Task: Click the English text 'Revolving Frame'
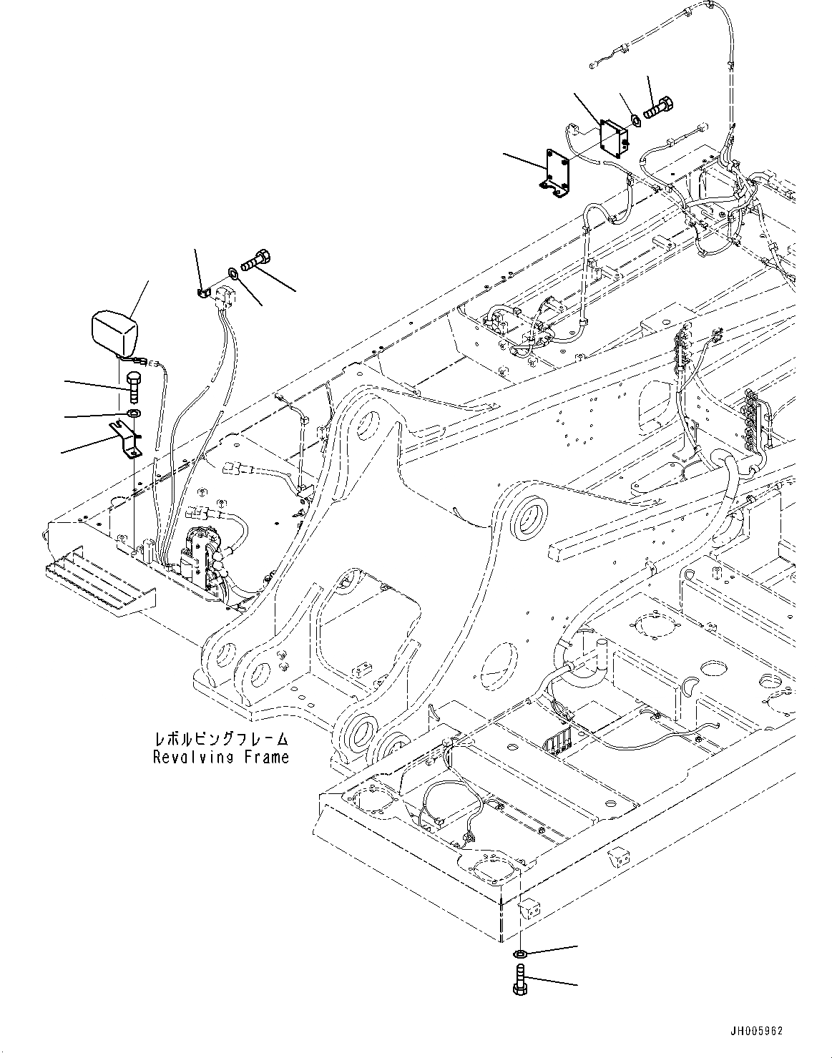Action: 221,757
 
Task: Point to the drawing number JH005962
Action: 757,1032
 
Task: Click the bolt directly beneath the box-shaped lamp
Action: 134,387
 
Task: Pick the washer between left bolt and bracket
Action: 133,414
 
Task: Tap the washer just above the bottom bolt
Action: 520,954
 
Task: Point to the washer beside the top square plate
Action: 634,120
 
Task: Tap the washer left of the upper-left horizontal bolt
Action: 233,273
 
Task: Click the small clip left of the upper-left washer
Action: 202,291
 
